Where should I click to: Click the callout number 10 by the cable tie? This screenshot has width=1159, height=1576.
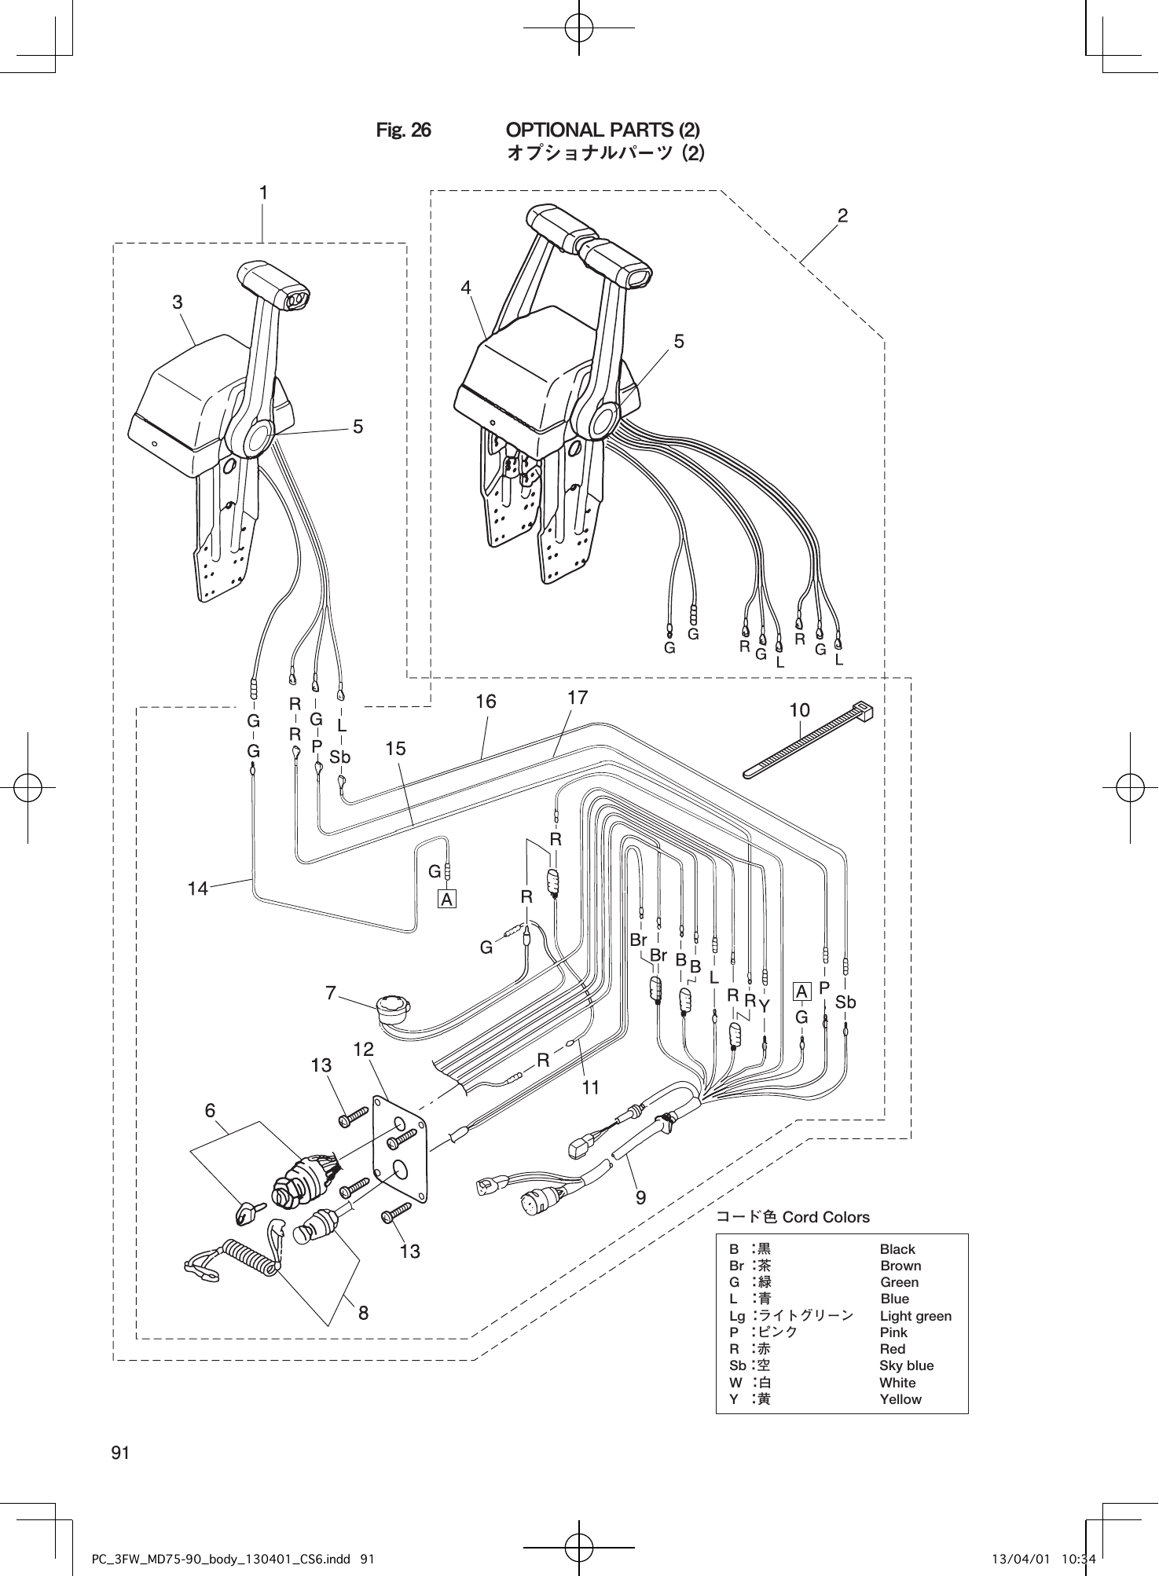click(x=799, y=710)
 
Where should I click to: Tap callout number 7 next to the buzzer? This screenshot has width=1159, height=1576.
click(x=331, y=993)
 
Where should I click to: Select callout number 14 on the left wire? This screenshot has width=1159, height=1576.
click(x=198, y=889)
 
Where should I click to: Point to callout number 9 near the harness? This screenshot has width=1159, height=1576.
click(x=640, y=1197)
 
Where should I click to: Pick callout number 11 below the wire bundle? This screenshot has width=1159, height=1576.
click(x=591, y=1087)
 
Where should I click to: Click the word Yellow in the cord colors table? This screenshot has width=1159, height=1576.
click(x=900, y=1399)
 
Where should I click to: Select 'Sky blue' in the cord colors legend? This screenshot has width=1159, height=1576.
click(x=906, y=1365)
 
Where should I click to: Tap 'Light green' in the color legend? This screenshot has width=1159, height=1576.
click(x=915, y=1316)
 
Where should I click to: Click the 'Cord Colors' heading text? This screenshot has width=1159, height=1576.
click(x=826, y=1217)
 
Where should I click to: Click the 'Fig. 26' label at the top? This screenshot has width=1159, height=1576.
click(x=403, y=130)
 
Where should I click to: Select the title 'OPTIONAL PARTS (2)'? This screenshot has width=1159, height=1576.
click(x=603, y=129)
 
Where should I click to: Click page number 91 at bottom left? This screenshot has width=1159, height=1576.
click(x=120, y=1453)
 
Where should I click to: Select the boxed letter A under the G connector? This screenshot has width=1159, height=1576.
click(x=446, y=899)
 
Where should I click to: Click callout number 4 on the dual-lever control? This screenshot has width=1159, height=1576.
click(x=466, y=288)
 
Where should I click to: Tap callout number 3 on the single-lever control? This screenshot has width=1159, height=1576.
click(x=178, y=302)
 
